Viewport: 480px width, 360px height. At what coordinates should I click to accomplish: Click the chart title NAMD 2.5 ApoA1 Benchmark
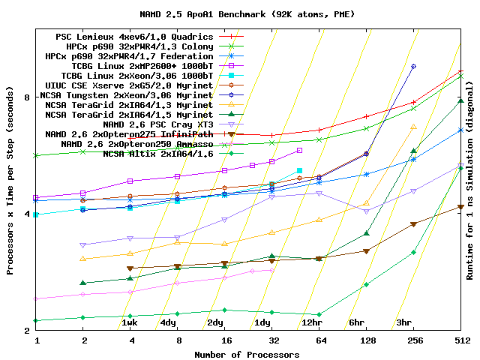coord(238,14)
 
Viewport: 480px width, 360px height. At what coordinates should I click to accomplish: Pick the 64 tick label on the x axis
coord(319,340)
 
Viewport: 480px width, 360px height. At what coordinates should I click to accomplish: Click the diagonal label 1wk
coord(130,322)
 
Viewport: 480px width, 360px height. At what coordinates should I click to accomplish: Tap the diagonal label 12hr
coord(311,322)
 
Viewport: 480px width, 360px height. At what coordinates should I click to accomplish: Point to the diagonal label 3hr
coord(403,322)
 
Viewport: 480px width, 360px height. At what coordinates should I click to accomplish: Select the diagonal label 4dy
coord(168,322)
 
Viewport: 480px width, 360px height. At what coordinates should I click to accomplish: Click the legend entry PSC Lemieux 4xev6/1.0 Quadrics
coord(135,37)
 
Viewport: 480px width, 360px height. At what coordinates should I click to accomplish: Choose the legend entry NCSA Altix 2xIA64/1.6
coord(158,154)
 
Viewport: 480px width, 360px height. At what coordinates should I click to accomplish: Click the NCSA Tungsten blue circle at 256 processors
coord(413,66)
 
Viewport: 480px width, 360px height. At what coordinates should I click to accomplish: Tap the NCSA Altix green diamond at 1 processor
coord(37,320)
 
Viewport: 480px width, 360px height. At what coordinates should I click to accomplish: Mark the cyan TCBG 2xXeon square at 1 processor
coord(37,214)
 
